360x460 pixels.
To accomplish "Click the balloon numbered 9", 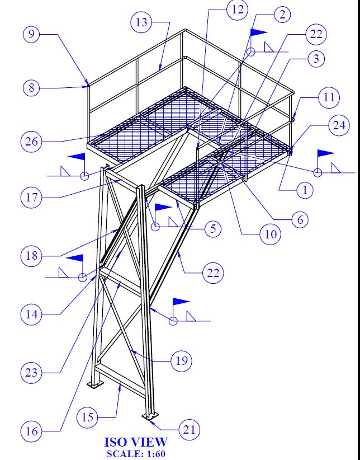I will (x=32, y=35).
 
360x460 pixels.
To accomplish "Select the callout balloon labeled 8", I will (x=32, y=87).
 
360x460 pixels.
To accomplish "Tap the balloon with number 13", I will (x=141, y=22).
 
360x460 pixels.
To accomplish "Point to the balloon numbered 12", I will (x=237, y=10).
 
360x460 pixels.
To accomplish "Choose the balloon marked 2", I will (x=282, y=15).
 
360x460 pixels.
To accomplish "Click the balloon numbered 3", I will (x=316, y=58).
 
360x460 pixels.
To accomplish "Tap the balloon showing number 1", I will (x=305, y=190).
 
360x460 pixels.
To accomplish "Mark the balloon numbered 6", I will (x=300, y=219).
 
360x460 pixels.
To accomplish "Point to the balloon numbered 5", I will (x=212, y=228).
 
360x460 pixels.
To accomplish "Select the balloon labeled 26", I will (x=32, y=141).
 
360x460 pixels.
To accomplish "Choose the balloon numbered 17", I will (x=32, y=198).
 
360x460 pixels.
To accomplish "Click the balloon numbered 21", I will (x=190, y=430).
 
